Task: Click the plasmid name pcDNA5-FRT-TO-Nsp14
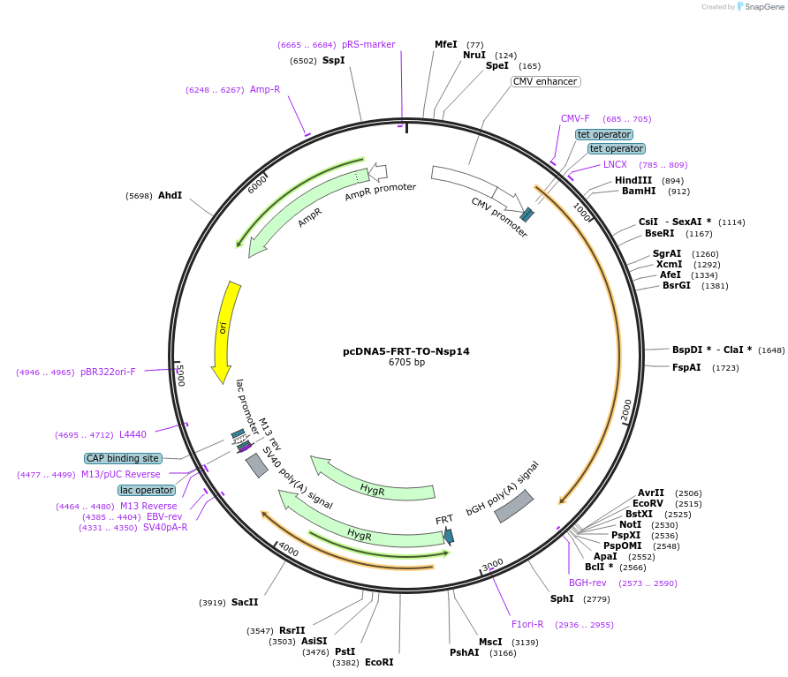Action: click(x=405, y=351)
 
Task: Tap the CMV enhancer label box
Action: click(x=545, y=82)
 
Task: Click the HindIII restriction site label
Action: click(x=633, y=180)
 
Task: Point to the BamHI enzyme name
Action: click(x=639, y=191)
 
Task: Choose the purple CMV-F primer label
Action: click(x=575, y=118)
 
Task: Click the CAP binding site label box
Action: click(x=123, y=458)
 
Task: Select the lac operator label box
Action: click(x=147, y=490)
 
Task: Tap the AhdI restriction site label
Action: click(x=170, y=195)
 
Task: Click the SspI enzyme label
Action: click(x=333, y=60)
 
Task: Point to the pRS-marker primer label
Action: click(x=368, y=44)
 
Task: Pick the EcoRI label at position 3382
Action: click(x=379, y=662)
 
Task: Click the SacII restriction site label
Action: click(x=245, y=602)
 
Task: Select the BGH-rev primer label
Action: click(x=587, y=583)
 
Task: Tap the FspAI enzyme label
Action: click(x=686, y=367)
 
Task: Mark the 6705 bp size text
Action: click(x=406, y=362)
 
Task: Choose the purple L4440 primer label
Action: click(x=133, y=434)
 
